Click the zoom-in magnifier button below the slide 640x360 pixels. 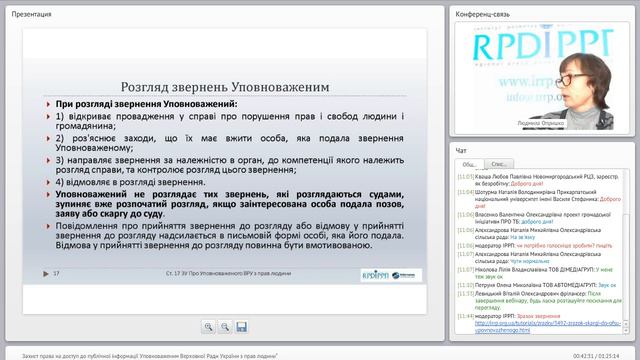tap(209, 326)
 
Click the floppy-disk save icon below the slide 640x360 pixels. tap(241, 326)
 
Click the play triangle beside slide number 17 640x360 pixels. tap(46, 273)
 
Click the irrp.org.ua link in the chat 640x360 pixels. tap(520, 324)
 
